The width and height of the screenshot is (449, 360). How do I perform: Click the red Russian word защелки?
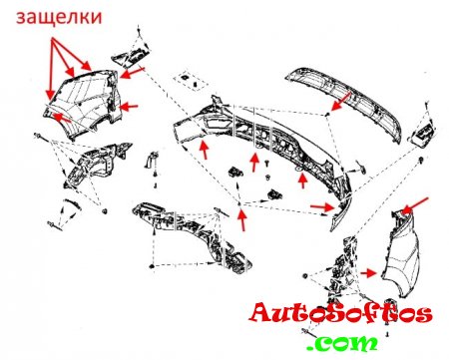tap(59, 17)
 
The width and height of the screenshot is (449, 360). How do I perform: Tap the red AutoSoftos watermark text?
tap(341, 313)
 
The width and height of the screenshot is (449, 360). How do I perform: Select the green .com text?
tap(342, 343)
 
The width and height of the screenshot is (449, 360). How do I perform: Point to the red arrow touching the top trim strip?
tap(341, 102)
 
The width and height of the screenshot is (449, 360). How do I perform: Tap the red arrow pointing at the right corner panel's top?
tap(415, 204)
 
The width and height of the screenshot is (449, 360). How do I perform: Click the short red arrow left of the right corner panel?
tap(368, 273)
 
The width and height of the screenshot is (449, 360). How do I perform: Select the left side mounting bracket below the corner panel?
tap(97, 163)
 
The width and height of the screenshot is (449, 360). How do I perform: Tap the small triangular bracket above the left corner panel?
tap(132, 55)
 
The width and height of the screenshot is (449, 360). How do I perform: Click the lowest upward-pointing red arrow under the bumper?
tap(242, 218)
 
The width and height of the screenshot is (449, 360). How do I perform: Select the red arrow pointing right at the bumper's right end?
tap(321, 207)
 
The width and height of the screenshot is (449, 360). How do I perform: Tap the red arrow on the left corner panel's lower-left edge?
tap(62, 117)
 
